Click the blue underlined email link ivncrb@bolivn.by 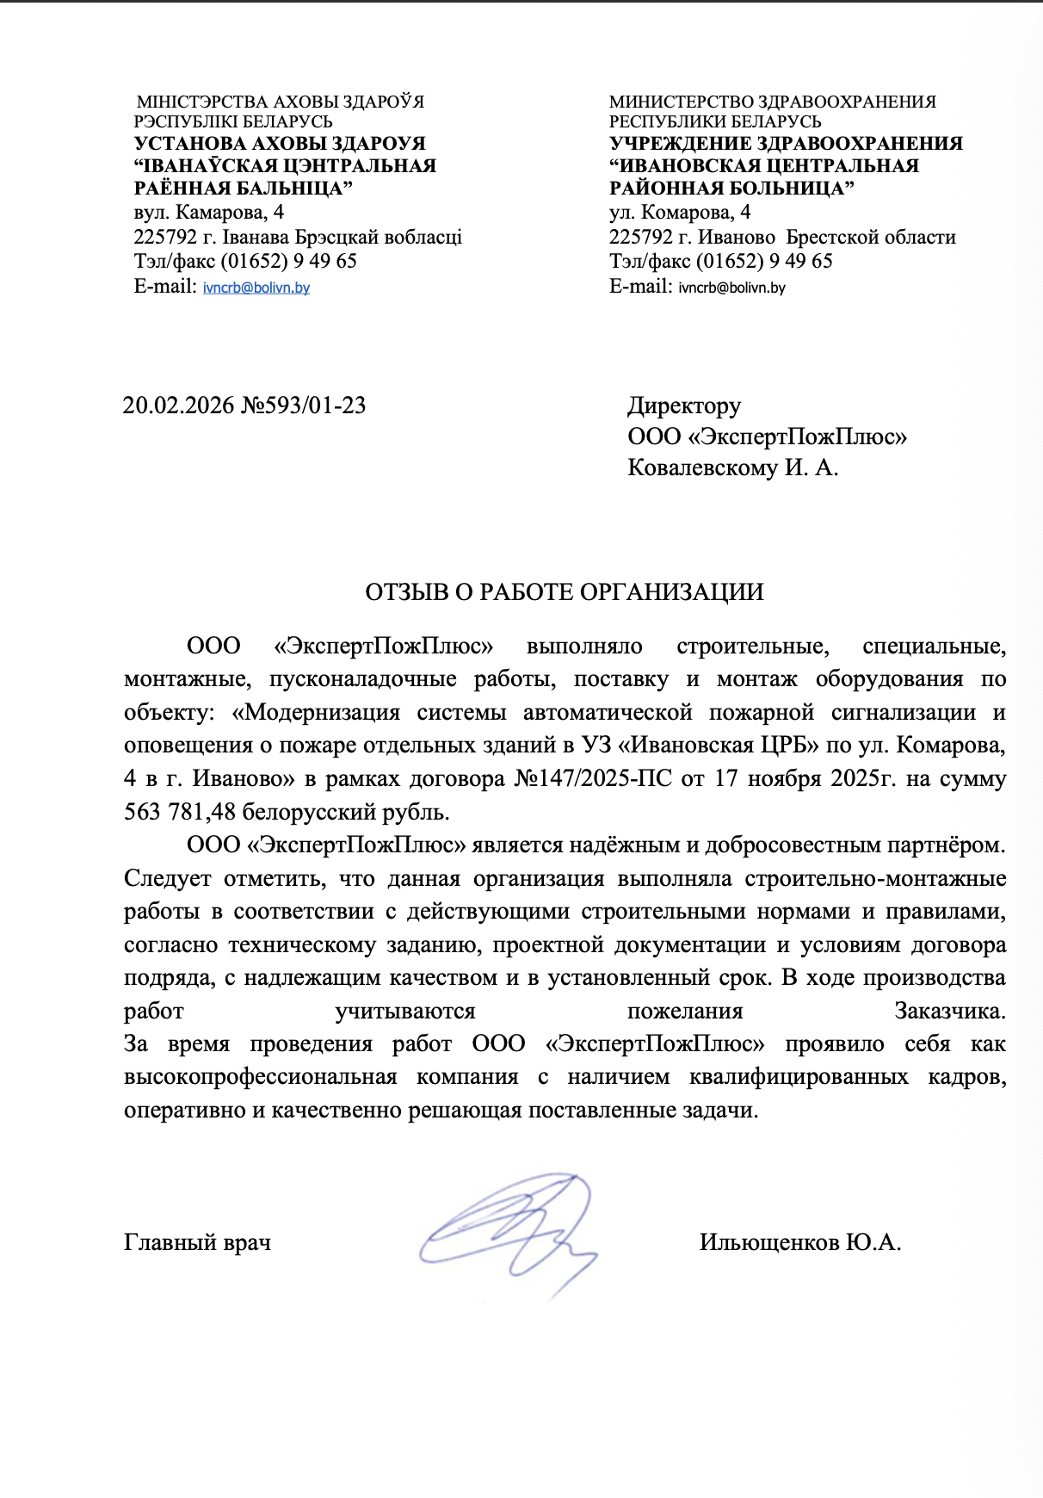click(x=256, y=288)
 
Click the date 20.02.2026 click(x=178, y=405)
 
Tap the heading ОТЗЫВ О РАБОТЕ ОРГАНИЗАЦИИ click(x=565, y=592)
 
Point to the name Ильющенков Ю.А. click(x=799, y=1242)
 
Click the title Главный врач click(x=197, y=1242)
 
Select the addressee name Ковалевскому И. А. click(x=732, y=468)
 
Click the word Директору click(x=684, y=405)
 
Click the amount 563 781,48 click(x=179, y=812)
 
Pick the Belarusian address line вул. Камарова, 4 click(x=209, y=213)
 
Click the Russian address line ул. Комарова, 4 click(x=680, y=213)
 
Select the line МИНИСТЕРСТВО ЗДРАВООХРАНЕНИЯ click(x=772, y=102)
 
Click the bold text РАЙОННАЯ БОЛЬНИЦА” click(x=731, y=189)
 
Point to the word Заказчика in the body click(x=949, y=1012)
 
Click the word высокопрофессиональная click(x=260, y=1078)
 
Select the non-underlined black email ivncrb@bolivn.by click(x=731, y=288)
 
